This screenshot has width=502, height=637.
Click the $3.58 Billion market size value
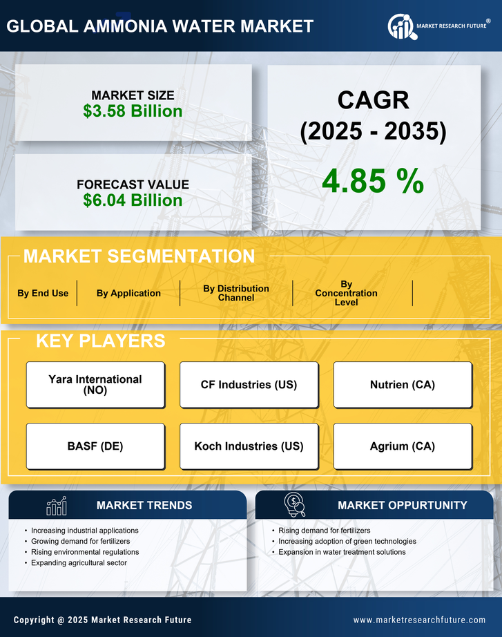click(x=133, y=111)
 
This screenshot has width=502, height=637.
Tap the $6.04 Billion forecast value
click(x=133, y=200)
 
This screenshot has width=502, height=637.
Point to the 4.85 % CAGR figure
click(x=373, y=180)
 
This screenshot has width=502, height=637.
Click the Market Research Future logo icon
click(x=400, y=26)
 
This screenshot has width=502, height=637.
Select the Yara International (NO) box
click(x=95, y=385)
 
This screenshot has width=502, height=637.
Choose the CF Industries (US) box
click(x=249, y=385)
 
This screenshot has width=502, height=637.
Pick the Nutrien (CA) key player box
click(x=403, y=385)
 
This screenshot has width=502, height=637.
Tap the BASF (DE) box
click(x=95, y=446)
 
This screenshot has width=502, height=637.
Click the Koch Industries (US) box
click(x=249, y=446)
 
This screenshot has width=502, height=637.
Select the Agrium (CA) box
click(x=403, y=446)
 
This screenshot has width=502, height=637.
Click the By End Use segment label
click(x=43, y=293)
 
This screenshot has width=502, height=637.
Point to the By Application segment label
click(x=128, y=293)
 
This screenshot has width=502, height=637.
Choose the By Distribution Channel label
click(x=236, y=293)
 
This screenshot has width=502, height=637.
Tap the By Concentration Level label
click(x=346, y=293)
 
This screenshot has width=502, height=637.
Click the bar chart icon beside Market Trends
click(x=57, y=506)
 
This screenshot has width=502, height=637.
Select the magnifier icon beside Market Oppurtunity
click(x=294, y=505)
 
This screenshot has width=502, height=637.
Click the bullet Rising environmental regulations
click(x=85, y=552)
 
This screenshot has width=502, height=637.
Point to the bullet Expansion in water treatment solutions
click(x=342, y=552)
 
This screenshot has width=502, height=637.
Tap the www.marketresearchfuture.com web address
click(x=419, y=620)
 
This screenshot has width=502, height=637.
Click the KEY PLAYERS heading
click(x=100, y=341)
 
